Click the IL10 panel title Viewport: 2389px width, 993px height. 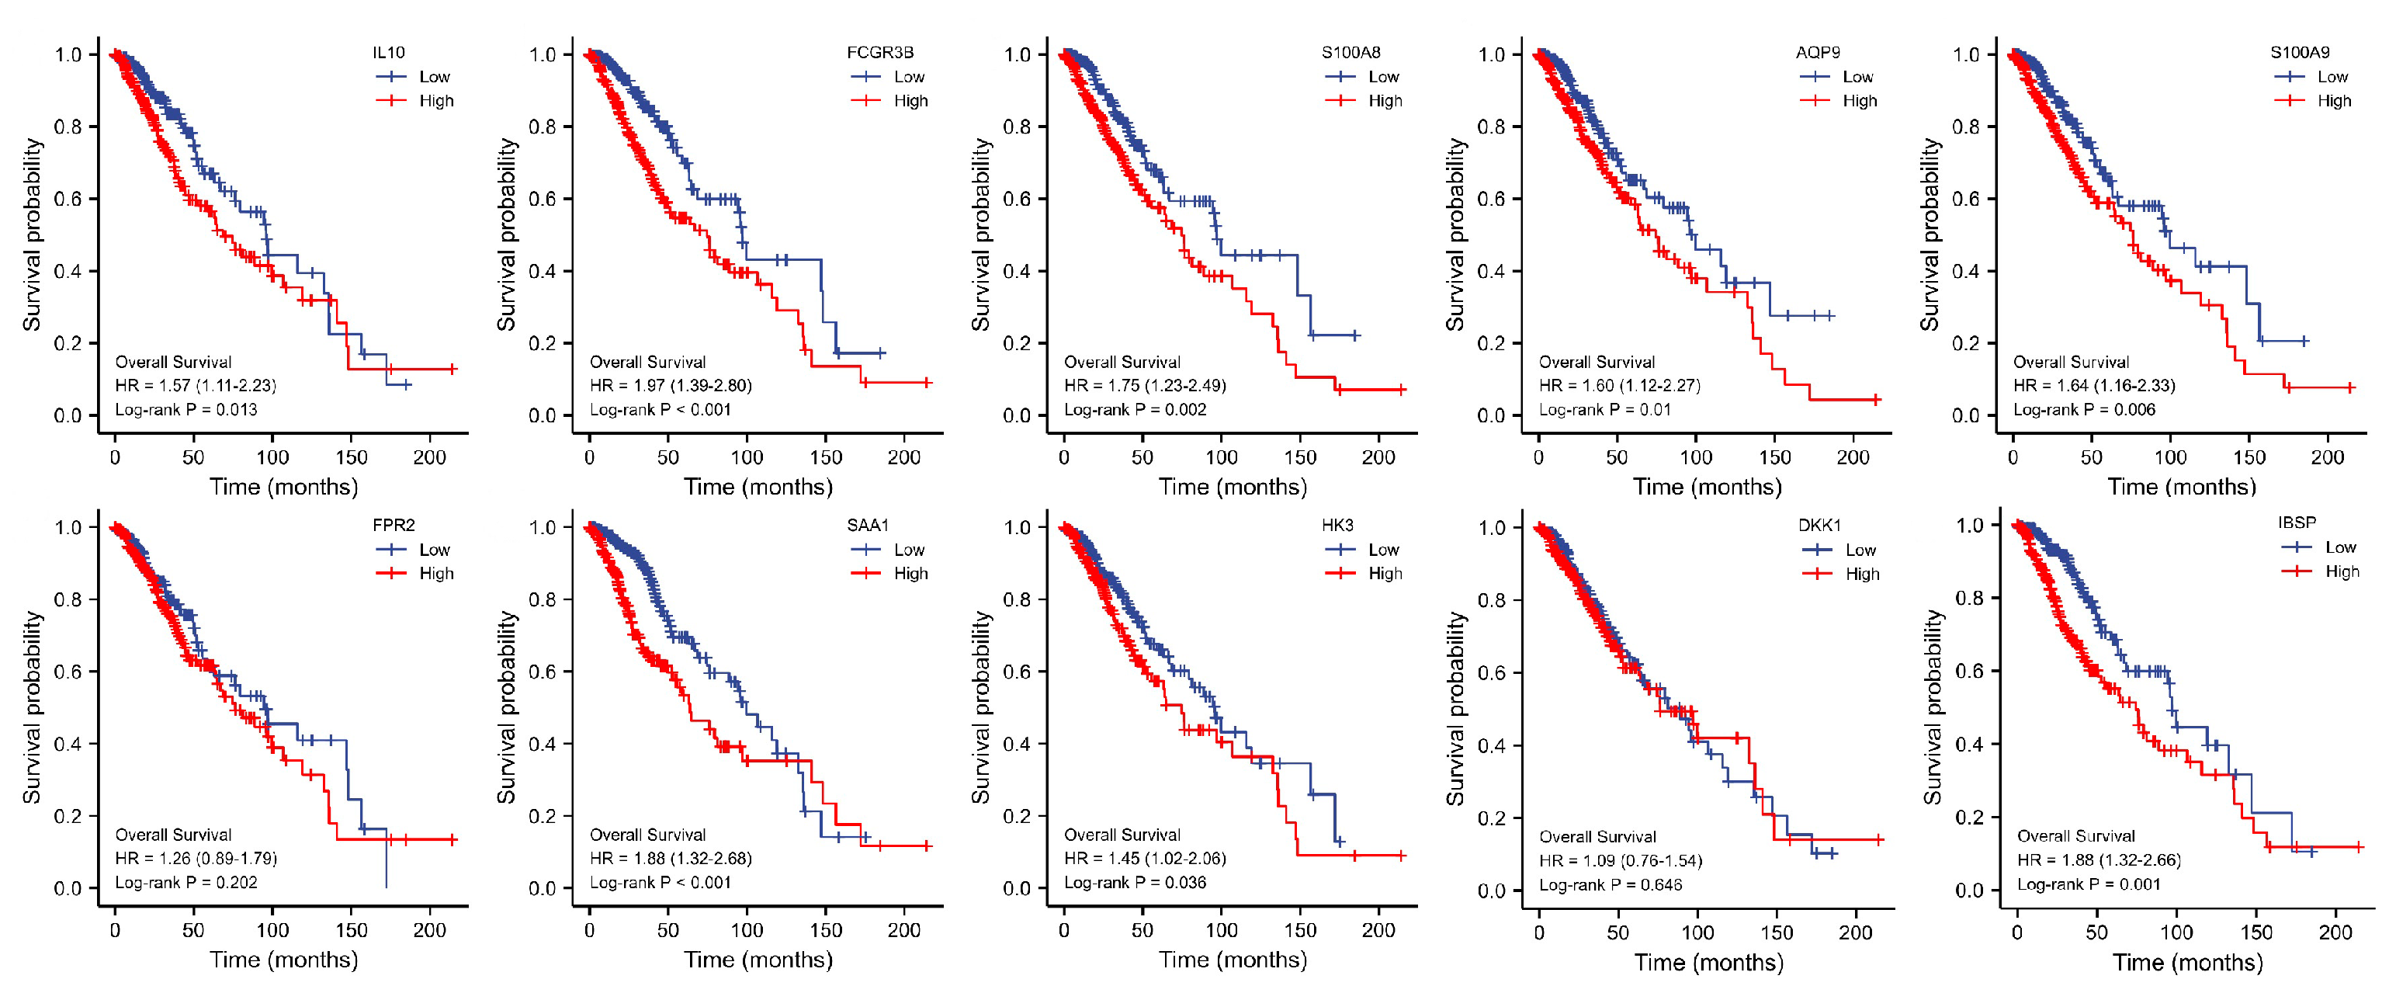coord(389,52)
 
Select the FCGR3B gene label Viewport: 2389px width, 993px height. coord(879,52)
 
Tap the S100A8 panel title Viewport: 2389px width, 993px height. coord(1351,52)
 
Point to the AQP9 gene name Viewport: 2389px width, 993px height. coord(1817,52)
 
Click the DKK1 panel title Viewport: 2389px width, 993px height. coord(1819,526)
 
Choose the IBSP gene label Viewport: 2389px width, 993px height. coord(2297,523)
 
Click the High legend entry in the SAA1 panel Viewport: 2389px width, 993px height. coord(910,574)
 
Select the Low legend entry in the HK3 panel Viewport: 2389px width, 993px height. coord(1383,550)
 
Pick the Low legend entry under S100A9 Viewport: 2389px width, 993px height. coord(2332,76)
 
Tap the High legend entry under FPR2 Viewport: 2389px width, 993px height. coord(435,574)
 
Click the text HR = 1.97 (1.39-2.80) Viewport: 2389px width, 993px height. coord(670,385)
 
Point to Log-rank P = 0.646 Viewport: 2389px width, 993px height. coord(1610,884)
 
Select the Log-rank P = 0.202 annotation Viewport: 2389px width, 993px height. coord(186,883)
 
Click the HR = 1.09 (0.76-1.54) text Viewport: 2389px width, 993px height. coord(1620,860)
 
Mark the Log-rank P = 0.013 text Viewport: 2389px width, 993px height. coord(186,409)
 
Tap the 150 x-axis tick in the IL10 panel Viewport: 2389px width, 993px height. coord(352,457)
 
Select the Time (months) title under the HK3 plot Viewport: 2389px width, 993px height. coord(1233,960)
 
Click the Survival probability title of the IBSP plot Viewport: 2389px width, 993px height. coord(1932,707)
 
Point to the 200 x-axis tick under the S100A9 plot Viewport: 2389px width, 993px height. coord(2327,457)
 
